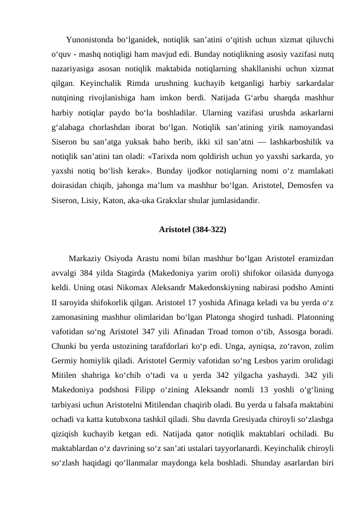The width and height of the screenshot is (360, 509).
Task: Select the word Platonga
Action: click(225, 326)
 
